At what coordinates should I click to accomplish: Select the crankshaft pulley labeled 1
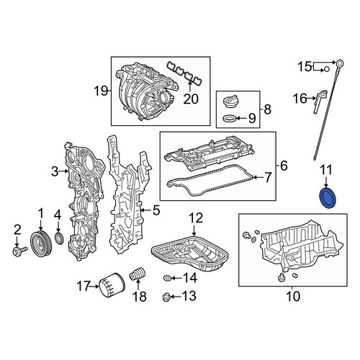click(x=41, y=243)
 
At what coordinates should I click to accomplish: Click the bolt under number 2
click(x=20, y=251)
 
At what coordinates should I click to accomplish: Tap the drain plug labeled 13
click(x=166, y=297)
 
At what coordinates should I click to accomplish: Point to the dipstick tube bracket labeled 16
click(x=320, y=102)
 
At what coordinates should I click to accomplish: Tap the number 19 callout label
click(x=100, y=91)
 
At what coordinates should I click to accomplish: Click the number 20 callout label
click(x=191, y=99)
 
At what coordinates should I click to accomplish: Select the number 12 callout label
click(x=196, y=218)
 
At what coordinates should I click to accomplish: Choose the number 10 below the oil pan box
click(x=293, y=297)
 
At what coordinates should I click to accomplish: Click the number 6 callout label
click(x=284, y=166)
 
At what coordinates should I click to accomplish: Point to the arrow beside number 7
click(x=259, y=177)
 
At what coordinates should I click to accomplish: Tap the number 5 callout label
click(x=156, y=210)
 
